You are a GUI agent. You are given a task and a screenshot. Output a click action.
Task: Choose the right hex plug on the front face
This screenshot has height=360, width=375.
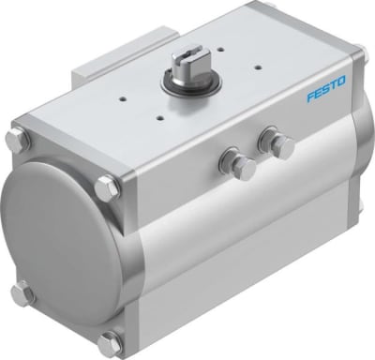pos(277,145)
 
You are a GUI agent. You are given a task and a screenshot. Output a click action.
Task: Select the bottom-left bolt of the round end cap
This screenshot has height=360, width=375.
pos(22,292)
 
